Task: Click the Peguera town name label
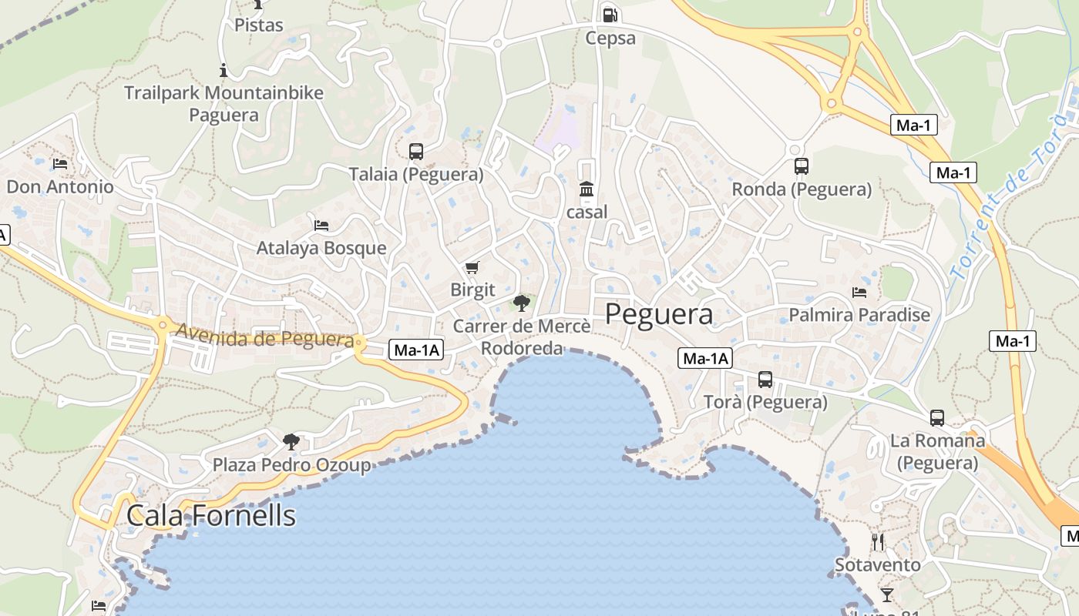658,314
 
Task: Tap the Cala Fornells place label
210,515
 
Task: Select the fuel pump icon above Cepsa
610,15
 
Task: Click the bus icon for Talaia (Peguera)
416,151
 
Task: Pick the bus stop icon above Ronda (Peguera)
802,166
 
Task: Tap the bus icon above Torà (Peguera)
765,379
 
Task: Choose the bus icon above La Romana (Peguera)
937,417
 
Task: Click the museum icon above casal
587,189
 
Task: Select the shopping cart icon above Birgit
472,267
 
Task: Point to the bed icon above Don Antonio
60,163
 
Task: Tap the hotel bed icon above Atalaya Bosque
321,225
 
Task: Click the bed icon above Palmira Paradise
859,292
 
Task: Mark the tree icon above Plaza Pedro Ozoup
291,441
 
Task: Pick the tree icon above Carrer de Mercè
522,302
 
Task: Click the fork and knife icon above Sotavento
877,541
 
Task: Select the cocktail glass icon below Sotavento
887,594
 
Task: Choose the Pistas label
259,25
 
